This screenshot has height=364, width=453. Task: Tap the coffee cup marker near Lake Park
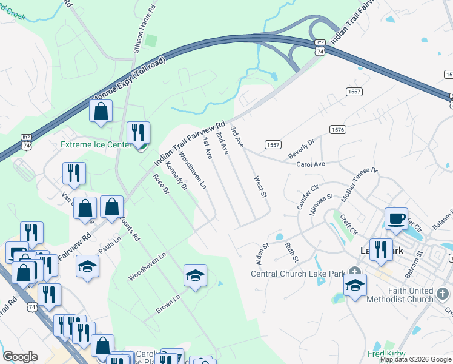(397, 219)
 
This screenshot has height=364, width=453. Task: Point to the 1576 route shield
(337, 130)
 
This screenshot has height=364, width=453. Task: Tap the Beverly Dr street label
(301, 149)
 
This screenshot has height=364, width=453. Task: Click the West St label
(260, 186)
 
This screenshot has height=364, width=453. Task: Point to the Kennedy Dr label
(176, 174)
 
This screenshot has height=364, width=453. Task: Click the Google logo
(20, 357)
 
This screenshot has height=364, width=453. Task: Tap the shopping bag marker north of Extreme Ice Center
(101, 111)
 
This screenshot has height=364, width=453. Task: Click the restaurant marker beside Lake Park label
(380, 250)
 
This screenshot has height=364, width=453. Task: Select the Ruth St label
(291, 252)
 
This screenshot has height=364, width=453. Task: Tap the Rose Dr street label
(160, 184)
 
